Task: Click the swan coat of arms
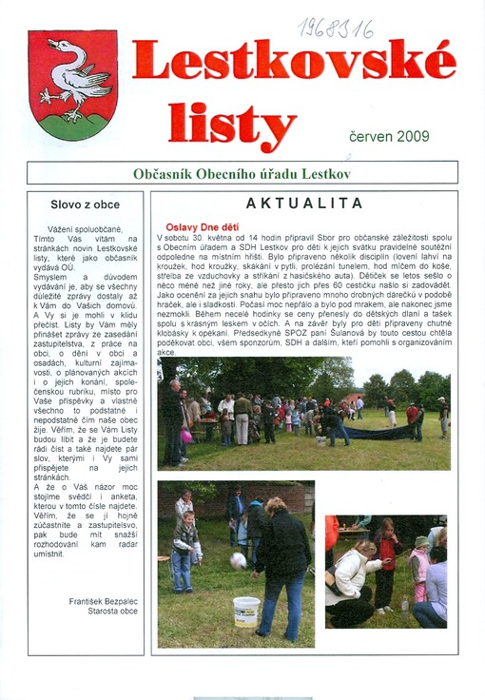(x=73, y=85)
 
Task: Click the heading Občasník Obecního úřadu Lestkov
(x=242, y=173)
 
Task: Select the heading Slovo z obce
(x=85, y=204)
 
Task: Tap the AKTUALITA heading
(x=303, y=203)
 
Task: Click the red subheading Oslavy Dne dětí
(x=203, y=227)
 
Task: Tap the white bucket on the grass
(x=246, y=611)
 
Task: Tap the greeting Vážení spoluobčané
(x=94, y=229)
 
